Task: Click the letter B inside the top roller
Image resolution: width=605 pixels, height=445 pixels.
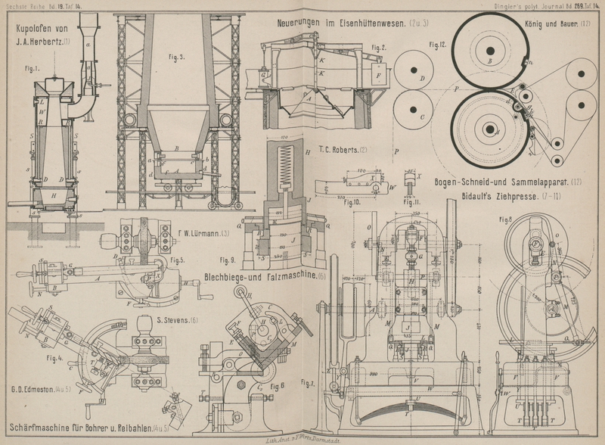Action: click(x=490, y=59)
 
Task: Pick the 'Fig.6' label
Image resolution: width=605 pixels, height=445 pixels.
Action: click(x=278, y=384)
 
